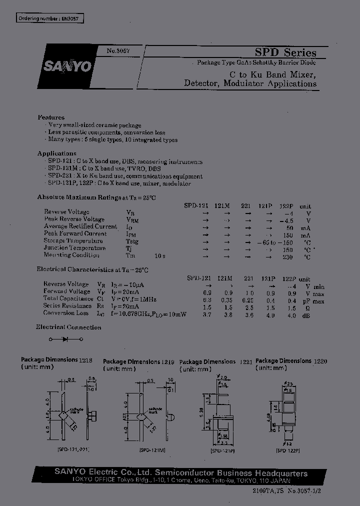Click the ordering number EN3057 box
coord(49,18)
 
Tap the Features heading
coord(50,117)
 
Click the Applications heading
coord(56,153)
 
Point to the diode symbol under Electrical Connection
coord(65,339)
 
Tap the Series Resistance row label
coord(67,306)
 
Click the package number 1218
coord(85,359)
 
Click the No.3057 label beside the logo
coord(117,51)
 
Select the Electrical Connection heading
coord(68,327)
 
